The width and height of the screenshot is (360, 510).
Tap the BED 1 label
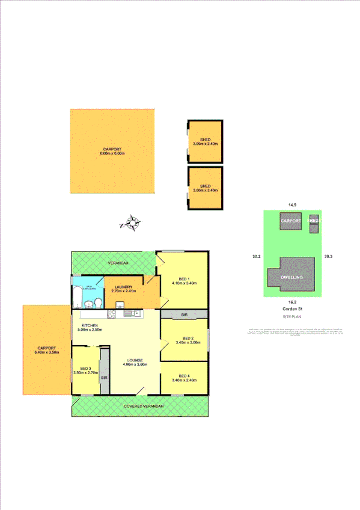click(181, 278)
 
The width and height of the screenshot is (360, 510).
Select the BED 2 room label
click(188, 338)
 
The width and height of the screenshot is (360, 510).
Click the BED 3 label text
click(81, 368)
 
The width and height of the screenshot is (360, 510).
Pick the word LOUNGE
click(135, 360)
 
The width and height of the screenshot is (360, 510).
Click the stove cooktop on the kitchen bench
click(111, 313)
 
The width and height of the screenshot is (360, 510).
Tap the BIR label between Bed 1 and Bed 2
click(185, 314)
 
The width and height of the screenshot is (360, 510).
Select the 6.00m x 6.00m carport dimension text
click(112, 154)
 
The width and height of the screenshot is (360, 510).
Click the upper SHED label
click(206, 140)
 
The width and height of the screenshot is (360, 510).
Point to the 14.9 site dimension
click(293, 206)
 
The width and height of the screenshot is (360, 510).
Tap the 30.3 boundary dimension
click(328, 257)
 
